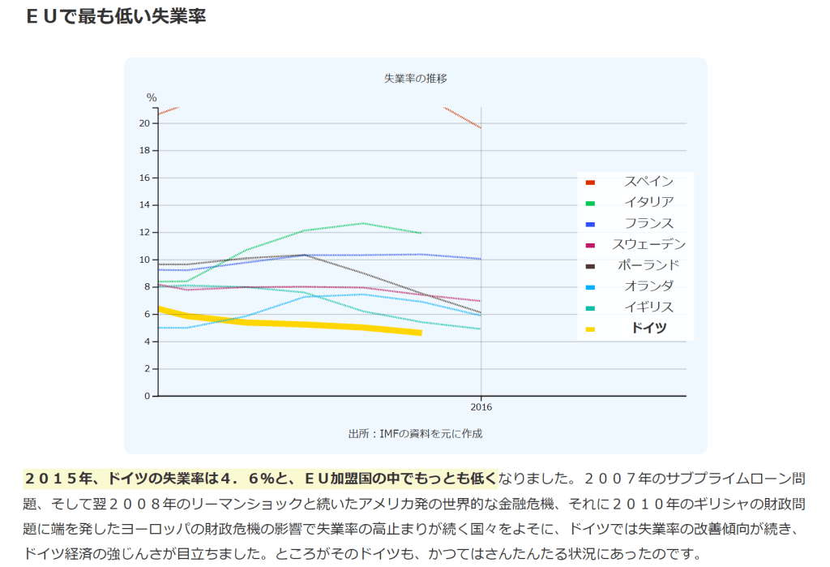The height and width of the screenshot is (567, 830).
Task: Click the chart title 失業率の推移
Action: [415, 79]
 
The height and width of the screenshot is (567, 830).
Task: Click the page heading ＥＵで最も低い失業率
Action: [116, 16]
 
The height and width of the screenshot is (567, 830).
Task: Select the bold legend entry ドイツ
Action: [648, 329]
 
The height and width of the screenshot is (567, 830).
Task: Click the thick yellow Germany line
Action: [324, 325]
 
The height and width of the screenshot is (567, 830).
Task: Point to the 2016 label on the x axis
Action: [481, 407]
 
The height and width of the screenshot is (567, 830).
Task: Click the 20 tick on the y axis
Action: [144, 123]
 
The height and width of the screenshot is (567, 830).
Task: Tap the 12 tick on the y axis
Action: [144, 233]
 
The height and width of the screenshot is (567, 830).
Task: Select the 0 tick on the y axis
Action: [147, 397]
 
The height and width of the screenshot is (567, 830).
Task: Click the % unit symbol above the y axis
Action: [152, 98]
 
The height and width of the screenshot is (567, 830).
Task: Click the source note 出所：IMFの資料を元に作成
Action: [415, 433]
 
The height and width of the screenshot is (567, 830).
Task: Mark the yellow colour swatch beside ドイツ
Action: [590, 329]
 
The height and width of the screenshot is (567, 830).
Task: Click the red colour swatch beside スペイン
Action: [590, 182]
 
